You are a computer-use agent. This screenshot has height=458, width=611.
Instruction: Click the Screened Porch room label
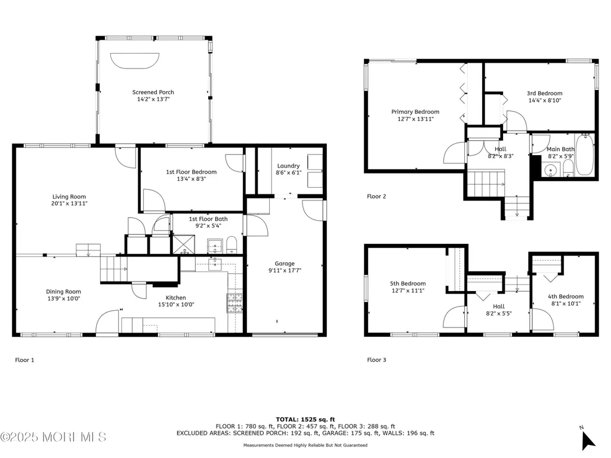(153, 92)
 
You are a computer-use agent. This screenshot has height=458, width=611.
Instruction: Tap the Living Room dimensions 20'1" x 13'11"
(69, 203)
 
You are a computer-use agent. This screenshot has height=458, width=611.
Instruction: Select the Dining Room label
(63, 292)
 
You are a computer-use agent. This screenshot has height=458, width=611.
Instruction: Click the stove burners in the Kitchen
(234, 302)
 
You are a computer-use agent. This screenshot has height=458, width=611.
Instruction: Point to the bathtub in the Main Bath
(585, 154)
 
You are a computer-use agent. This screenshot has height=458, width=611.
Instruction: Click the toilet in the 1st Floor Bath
(232, 245)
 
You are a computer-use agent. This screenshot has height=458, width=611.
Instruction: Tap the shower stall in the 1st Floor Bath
(184, 245)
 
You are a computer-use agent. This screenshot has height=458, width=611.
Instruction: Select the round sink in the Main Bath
(551, 170)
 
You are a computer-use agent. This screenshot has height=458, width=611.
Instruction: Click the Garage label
(285, 264)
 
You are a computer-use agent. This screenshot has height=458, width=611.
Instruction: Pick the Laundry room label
(288, 166)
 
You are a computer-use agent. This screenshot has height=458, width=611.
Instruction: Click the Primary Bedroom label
(415, 112)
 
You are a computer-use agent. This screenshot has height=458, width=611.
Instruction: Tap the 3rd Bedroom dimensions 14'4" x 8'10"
(545, 100)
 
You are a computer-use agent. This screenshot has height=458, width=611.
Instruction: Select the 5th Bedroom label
(408, 284)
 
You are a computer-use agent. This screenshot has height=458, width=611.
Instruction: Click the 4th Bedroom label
(566, 297)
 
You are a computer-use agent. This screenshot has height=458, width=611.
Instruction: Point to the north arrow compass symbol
(587, 440)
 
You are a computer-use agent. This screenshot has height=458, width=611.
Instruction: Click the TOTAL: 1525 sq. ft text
(305, 419)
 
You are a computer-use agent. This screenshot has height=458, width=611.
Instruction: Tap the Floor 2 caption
(377, 196)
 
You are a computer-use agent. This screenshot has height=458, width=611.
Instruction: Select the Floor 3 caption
(377, 360)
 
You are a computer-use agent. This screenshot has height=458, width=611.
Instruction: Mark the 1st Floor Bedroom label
(192, 172)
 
